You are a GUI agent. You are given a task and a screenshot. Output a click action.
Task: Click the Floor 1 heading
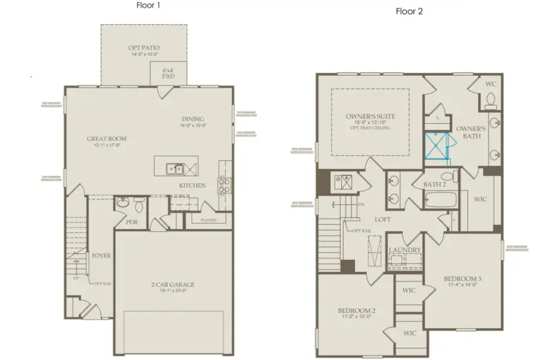147,5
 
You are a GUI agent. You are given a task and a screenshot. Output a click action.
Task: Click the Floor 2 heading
409,11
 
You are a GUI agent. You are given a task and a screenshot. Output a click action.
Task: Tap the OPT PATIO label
144,47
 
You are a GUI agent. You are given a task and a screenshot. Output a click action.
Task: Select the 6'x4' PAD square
168,74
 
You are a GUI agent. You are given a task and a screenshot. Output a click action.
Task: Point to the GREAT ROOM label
107,139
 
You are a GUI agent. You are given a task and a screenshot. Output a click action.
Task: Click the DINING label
192,119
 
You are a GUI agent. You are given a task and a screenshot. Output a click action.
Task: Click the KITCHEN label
192,185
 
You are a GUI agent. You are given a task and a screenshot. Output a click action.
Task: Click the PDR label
133,221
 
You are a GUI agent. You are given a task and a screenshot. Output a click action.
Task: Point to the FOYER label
101,256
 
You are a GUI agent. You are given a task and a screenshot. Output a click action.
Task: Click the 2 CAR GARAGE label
173,284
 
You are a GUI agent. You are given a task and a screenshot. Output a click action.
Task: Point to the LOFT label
383,219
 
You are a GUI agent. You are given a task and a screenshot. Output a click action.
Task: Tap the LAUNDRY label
405,250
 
